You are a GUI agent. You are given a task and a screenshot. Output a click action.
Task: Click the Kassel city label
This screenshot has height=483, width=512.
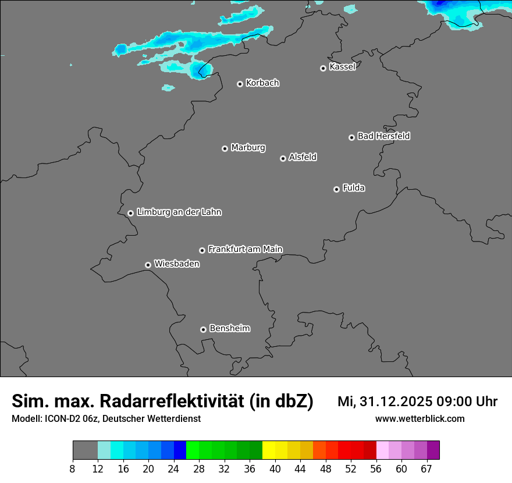click(x=342, y=67)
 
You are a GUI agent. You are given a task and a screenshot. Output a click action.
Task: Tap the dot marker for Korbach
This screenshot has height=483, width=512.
click(x=240, y=84)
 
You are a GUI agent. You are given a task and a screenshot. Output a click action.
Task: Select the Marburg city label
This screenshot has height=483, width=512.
click(x=248, y=148)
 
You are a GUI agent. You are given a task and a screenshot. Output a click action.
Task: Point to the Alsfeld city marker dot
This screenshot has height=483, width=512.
click(x=283, y=158)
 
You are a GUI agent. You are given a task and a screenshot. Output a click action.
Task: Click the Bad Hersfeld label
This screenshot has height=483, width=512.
click(x=383, y=136)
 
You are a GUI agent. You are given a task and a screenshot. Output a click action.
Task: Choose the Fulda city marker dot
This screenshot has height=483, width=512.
click(x=336, y=189)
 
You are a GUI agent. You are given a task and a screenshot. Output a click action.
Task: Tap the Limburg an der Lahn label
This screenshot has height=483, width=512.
click(x=179, y=212)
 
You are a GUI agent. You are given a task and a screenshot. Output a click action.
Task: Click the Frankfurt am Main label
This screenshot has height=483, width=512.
click(x=245, y=249)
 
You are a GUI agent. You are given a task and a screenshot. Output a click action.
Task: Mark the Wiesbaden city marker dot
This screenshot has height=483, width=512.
click(x=148, y=265)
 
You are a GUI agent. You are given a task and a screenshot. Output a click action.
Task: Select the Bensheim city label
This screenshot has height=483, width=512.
click(x=229, y=328)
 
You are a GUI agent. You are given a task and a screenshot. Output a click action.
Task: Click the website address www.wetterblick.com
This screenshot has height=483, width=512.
click(x=419, y=418)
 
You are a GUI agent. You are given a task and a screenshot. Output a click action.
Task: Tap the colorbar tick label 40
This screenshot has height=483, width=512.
click(x=275, y=468)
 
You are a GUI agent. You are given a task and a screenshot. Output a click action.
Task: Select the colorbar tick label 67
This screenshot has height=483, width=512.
click(x=426, y=468)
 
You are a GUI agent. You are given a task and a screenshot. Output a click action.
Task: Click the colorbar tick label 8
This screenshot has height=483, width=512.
click(x=73, y=468)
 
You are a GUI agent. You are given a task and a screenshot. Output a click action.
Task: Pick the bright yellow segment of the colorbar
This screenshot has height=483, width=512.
click(x=269, y=450)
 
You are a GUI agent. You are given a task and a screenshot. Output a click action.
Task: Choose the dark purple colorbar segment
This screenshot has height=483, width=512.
click(x=433, y=450)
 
